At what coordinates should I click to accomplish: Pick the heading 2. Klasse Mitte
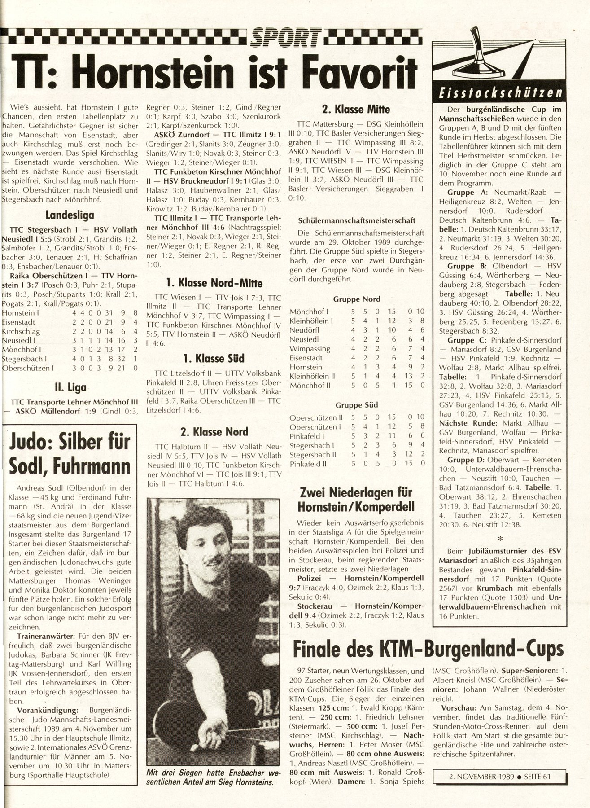click(x=356, y=109)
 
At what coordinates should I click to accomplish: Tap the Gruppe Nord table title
click(x=357, y=299)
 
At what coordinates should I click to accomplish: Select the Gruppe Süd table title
click(x=357, y=405)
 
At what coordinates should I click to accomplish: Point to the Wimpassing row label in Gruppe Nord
click(x=310, y=348)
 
